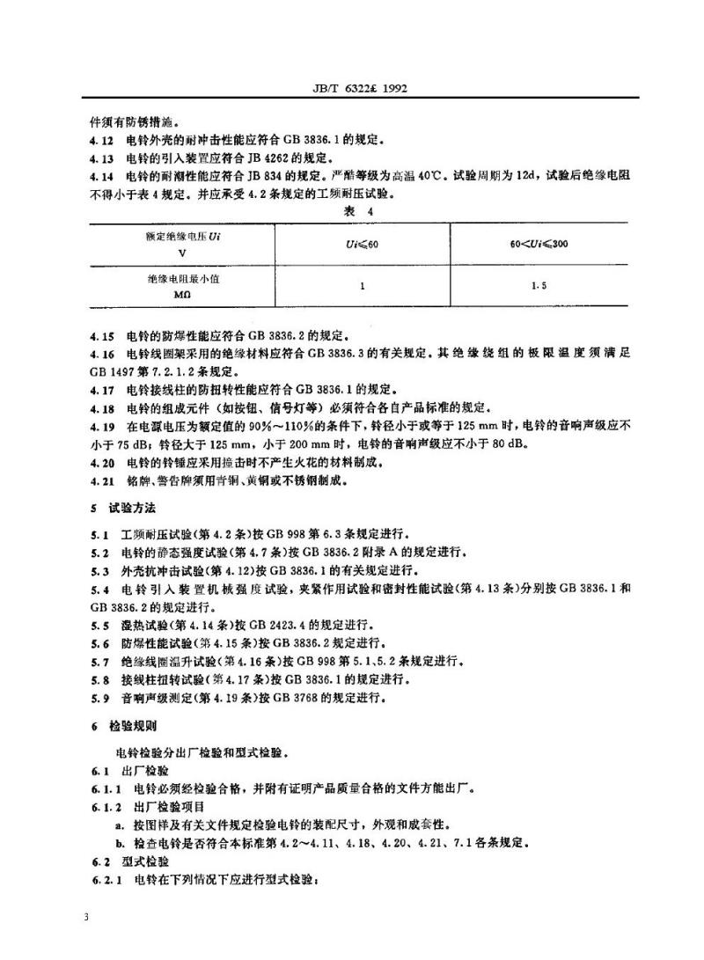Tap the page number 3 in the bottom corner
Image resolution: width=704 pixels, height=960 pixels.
point(86,918)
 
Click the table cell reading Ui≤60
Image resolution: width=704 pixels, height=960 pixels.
point(362,243)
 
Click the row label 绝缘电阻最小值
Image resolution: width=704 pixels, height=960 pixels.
point(181,278)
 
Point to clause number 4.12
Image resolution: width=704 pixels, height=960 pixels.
point(100,140)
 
